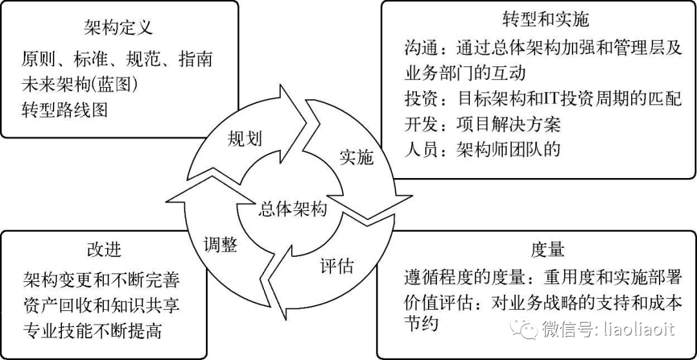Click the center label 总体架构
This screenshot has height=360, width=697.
pos(293,208)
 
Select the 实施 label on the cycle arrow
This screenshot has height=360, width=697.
pos(356,157)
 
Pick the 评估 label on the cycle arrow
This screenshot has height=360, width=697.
pos(337,265)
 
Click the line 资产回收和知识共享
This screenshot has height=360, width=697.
pos(100,306)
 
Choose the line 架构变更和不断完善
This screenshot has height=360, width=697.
pos(100,281)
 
